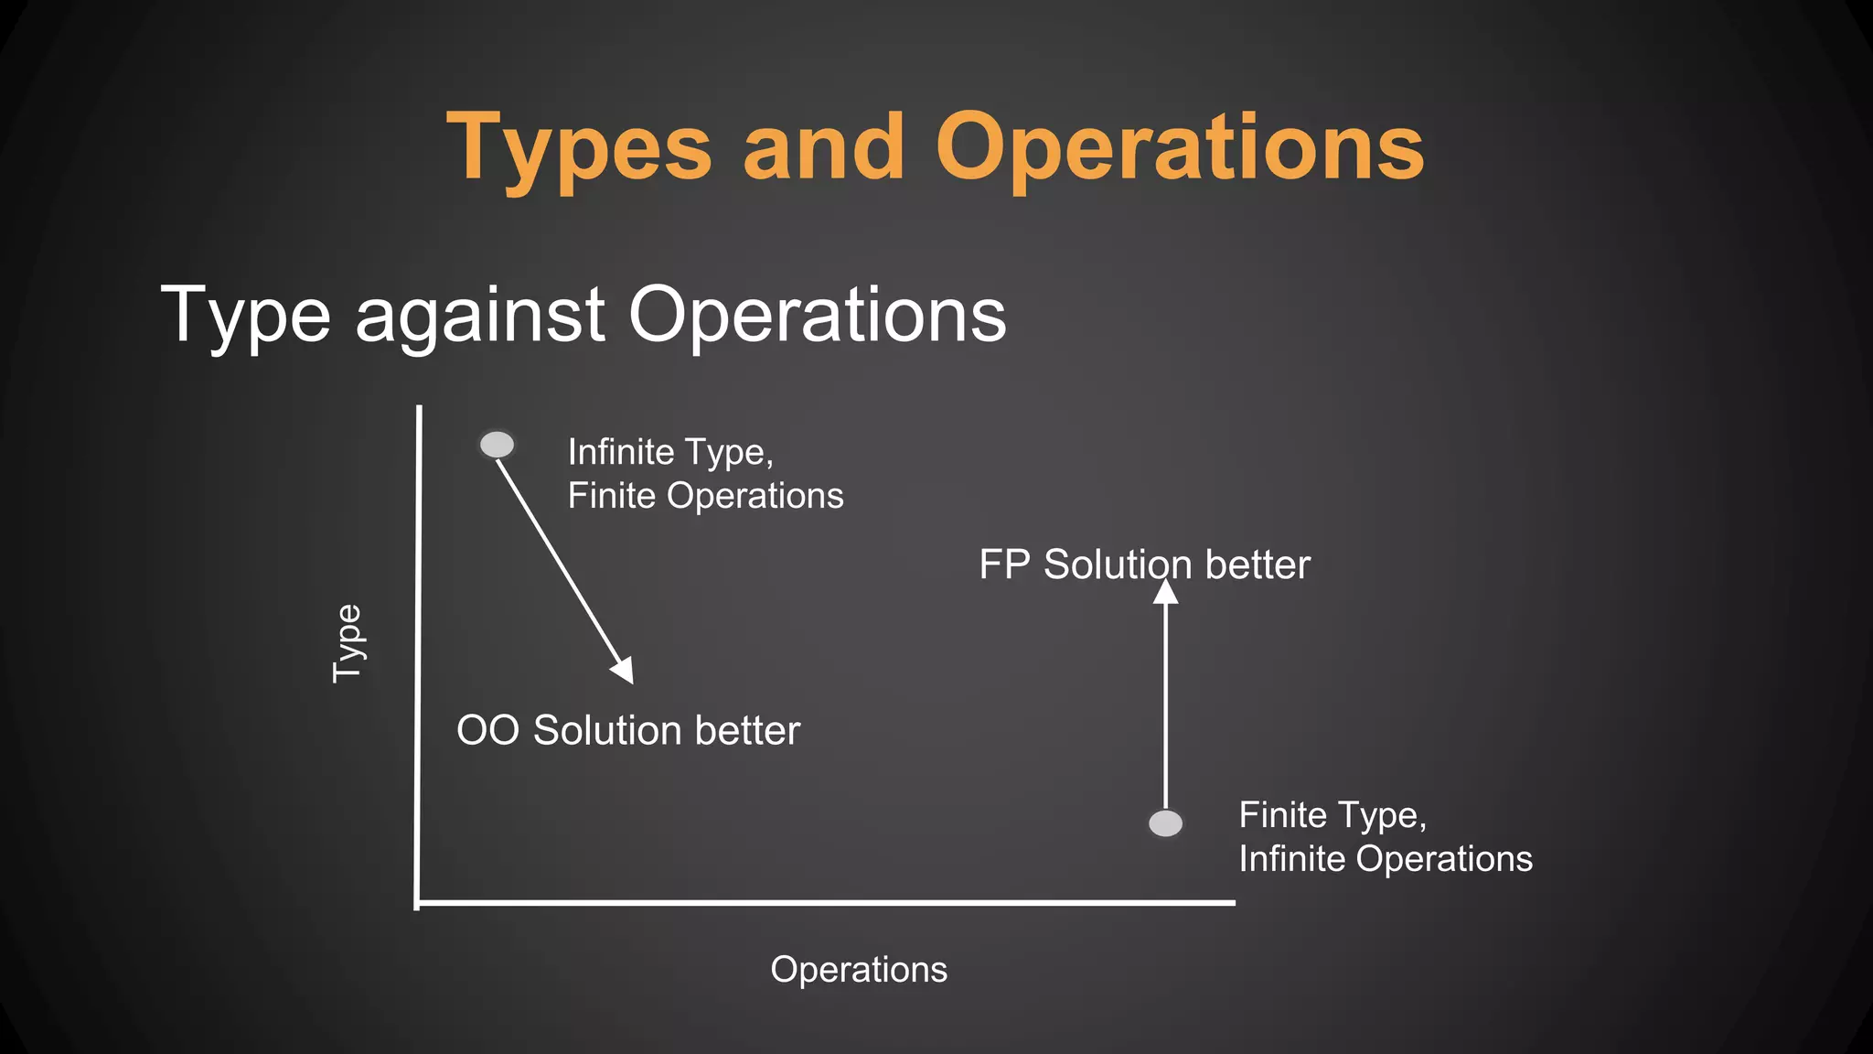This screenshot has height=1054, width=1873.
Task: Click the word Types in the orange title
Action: [x=578, y=148]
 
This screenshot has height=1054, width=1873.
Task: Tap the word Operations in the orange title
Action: [x=1179, y=148]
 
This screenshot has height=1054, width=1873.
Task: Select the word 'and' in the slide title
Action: [x=823, y=148]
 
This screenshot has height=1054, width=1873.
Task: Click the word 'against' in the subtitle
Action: [x=480, y=317]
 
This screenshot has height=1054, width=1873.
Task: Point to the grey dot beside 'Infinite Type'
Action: [x=497, y=445]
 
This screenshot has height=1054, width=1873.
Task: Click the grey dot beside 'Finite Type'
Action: [x=1165, y=823]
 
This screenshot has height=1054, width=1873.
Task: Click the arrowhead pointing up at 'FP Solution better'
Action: [x=1165, y=593]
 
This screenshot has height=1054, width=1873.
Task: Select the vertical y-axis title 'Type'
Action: [x=348, y=643]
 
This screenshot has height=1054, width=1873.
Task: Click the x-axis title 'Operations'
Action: [x=859, y=970]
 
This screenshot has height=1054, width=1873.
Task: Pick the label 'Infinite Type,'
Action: [x=670, y=452]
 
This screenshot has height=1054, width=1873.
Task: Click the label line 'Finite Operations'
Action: [x=705, y=496]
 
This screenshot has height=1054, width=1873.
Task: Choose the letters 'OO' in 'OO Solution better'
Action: [x=487, y=731]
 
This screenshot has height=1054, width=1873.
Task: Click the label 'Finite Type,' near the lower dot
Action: [x=1333, y=815]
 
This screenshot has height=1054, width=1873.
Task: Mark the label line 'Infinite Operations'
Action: [x=1386, y=859]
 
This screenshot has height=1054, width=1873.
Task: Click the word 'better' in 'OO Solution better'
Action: [x=747, y=731]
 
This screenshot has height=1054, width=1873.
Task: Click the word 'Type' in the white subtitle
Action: [x=245, y=317]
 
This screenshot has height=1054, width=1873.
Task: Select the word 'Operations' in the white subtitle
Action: [x=817, y=315]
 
